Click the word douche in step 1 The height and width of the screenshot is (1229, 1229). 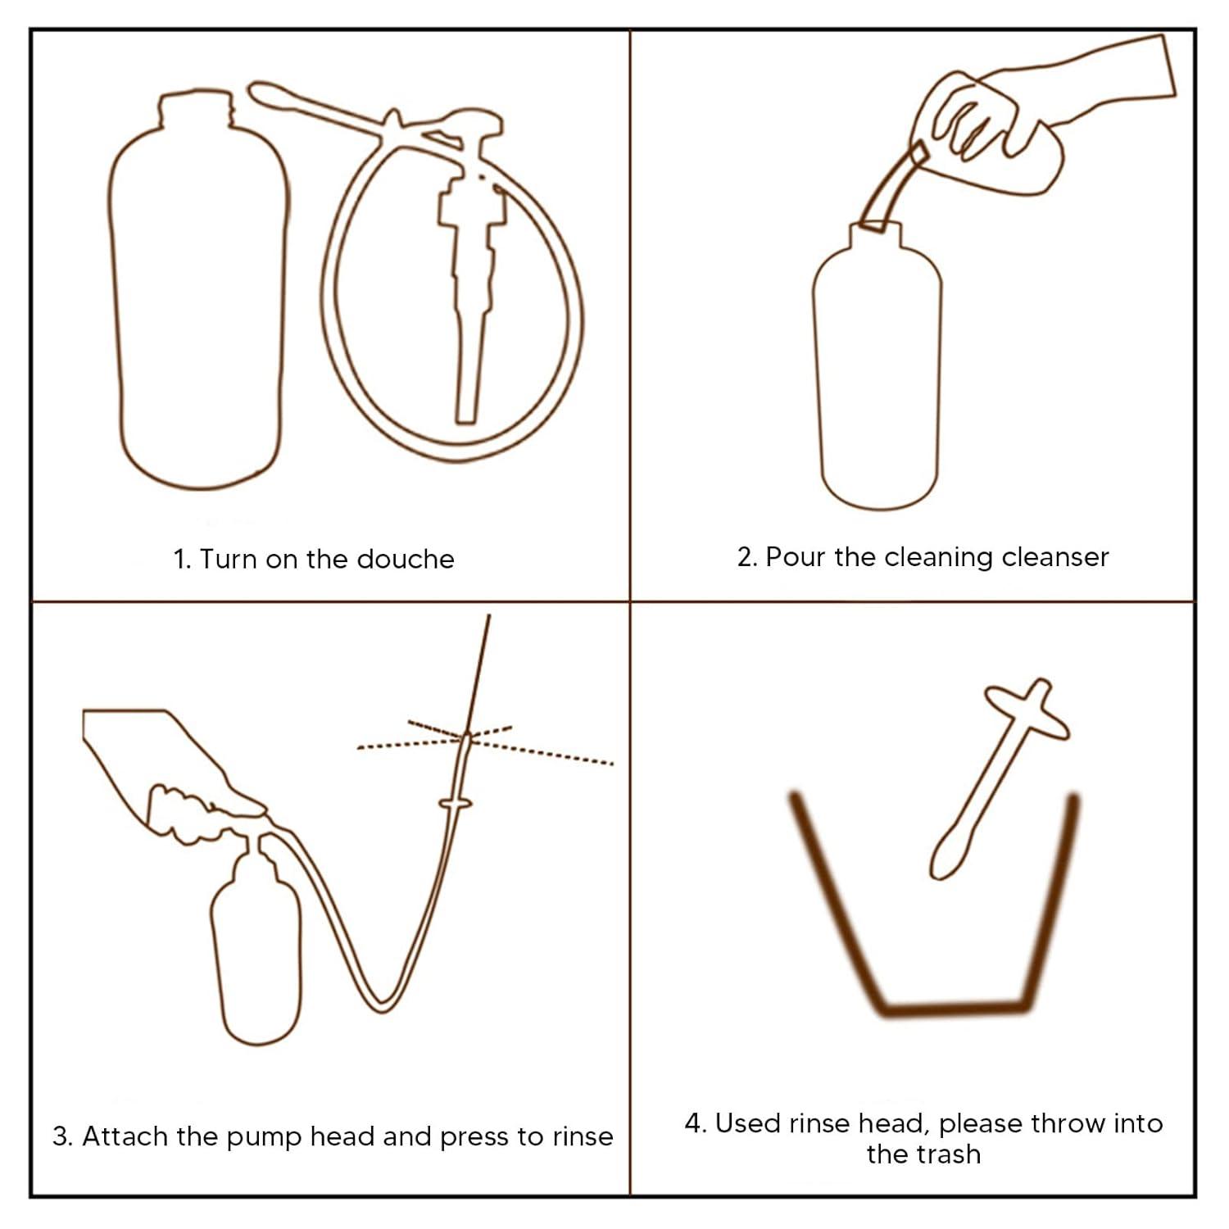[x=406, y=559]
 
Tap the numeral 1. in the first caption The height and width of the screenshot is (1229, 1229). [x=182, y=560]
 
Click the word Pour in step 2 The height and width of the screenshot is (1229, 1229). [x=795, y=557]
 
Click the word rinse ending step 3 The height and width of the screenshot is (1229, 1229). [x=583, y=1136]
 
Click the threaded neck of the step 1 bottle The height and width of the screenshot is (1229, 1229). [x=196, y=108]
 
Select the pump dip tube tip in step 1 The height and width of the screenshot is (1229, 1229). [x=466, y=410]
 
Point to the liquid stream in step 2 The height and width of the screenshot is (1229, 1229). [x=889, y=188]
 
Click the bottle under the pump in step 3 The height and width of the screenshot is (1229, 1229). [x=256, y=942]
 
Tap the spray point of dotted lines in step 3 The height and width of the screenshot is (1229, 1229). [x=466, y=736]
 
